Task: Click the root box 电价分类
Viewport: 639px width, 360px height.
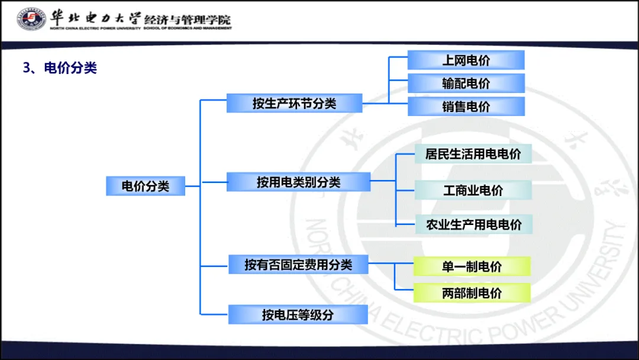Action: point(146,186)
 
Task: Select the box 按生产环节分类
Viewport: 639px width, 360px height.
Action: point(294,104)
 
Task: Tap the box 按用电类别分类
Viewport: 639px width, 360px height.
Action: point(298,182)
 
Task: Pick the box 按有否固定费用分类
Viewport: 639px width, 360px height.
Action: point(298,264)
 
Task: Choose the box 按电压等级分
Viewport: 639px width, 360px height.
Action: point(298,314)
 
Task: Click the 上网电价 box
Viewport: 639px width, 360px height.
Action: point(466,60)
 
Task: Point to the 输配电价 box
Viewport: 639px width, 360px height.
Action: point(466,83)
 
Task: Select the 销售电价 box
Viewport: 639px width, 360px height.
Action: point(466,107)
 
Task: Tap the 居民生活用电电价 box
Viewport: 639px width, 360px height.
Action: point(473,154)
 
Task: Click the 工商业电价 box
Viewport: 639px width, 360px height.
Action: point(473,190)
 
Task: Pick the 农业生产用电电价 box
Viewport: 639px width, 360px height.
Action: point(473,224)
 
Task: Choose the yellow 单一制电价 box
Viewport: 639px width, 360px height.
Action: point(472,266)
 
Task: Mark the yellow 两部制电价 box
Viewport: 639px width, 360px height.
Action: point(472,292)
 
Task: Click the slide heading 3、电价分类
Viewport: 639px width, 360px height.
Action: point(60,68)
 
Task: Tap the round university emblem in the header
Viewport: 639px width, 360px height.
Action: point(31,20)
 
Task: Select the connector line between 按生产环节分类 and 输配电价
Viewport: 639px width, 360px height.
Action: point(376,104)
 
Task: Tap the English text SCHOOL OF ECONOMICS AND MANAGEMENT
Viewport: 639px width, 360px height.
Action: point(188,28)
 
